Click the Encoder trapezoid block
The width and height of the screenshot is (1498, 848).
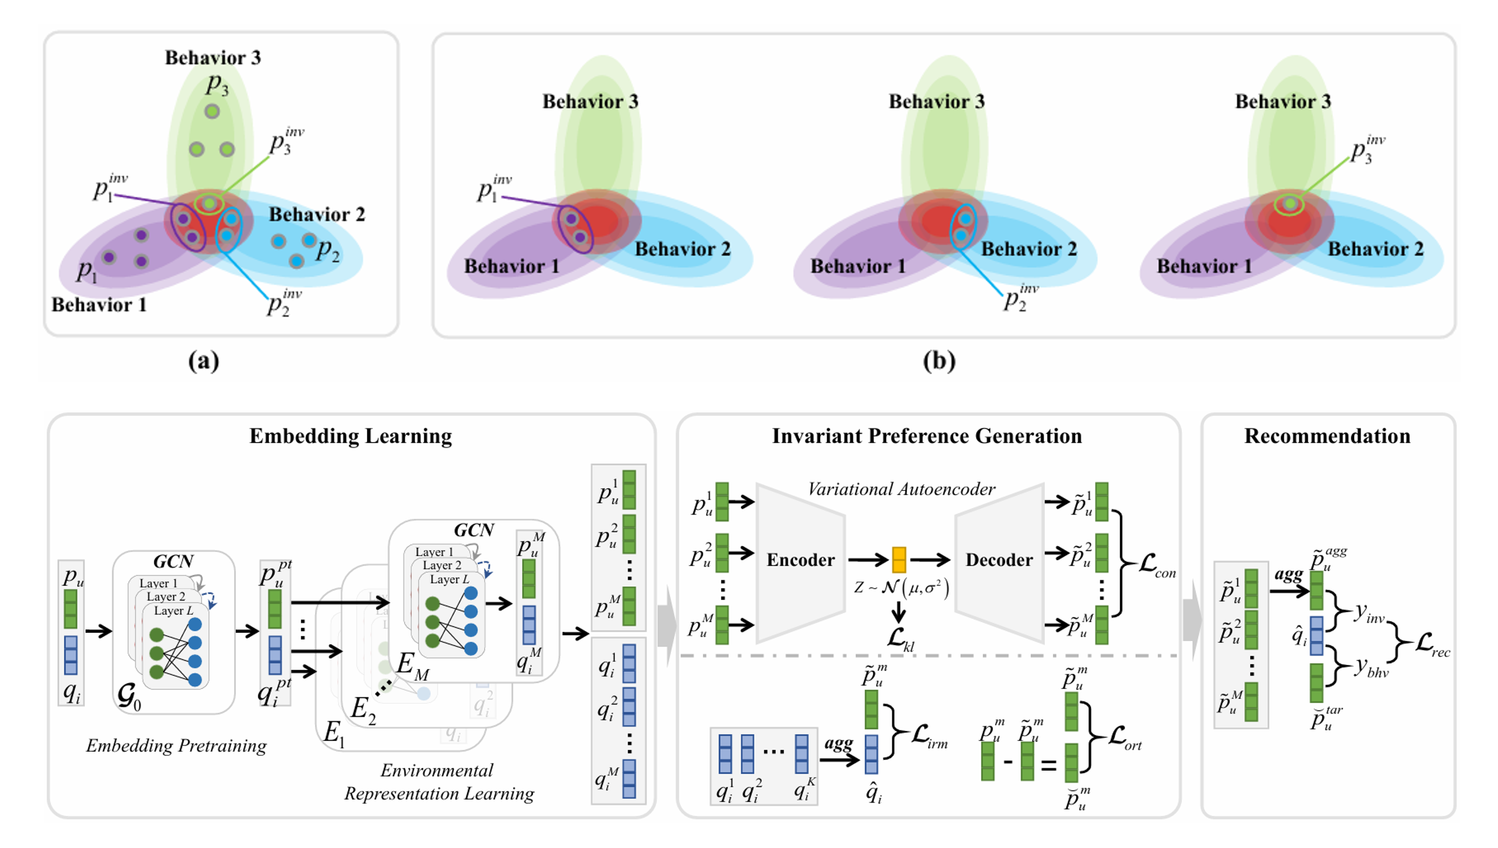click(x=800, y=560)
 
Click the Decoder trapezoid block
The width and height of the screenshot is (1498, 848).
click(x=999, y=560)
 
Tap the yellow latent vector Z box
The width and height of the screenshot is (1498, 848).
click(x=899, y=560)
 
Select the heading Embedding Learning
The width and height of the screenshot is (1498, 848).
click(x=350, y=436)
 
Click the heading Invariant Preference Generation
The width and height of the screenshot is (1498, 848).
click(x=927, y=436)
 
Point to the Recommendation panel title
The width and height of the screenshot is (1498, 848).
click(x=1327, y=436)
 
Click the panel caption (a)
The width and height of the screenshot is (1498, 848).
click(x=203, y=360)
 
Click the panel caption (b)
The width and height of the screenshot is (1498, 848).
click(x=939, y=360)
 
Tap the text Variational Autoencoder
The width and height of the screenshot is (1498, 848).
click(x=901, y=489)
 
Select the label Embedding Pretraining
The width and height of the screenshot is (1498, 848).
click(x=176, y=746)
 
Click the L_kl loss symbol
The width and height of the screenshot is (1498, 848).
click(x=900, y=639)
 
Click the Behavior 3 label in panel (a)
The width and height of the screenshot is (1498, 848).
click(x=213, y=58)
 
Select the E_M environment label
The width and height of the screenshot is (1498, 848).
click(x=412, y=665)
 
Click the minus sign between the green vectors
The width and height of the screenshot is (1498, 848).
click(x=1008, y=762)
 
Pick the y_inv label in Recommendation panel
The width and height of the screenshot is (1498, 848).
click(x=1369, y=613)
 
